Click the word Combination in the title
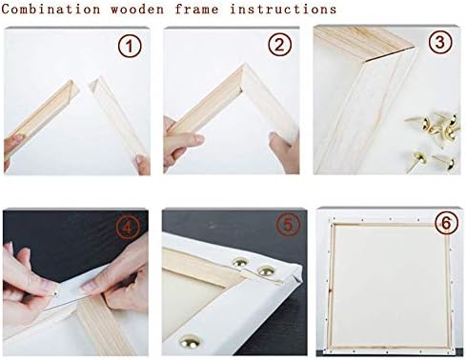click(51, 9)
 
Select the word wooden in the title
click(137, 10)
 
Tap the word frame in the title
click(197, 10)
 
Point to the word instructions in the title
click(283, 10)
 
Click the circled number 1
click(130, 47)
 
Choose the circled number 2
click(279, 45)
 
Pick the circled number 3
click(440, 42)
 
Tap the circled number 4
click(128, 228)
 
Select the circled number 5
click(288, 225)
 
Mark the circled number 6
click(446, 223)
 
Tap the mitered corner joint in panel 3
click(391, 54)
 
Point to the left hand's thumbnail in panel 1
click(18, 138)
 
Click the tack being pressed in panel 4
click(56, 293)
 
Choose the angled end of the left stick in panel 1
click(73, 87)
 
